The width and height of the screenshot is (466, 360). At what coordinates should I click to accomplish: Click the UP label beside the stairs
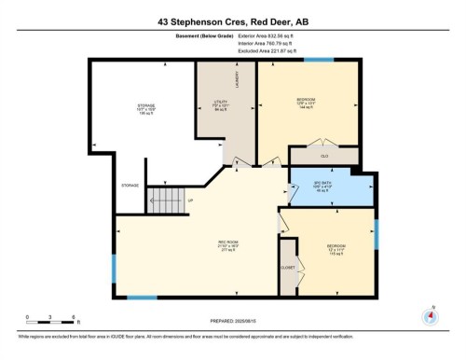191,200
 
